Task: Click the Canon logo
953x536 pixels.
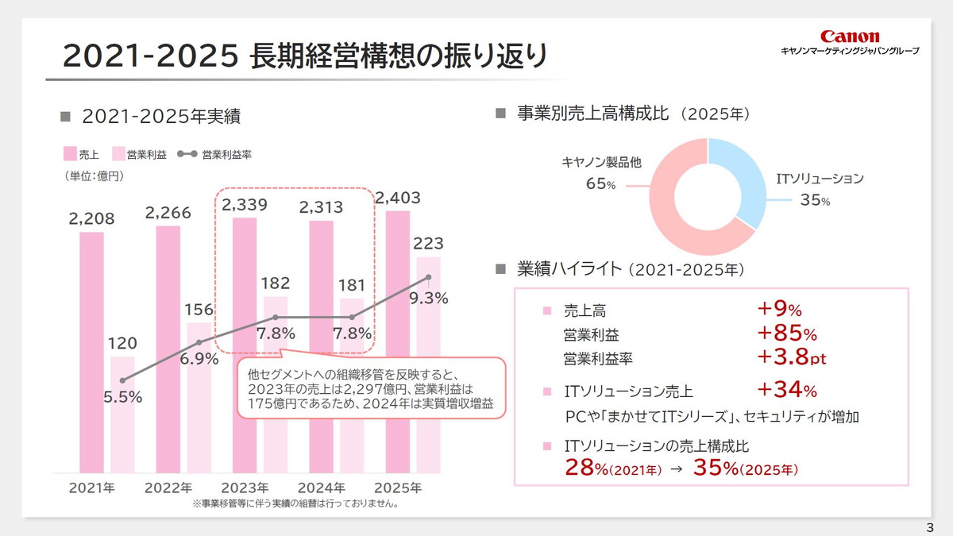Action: point(850,37)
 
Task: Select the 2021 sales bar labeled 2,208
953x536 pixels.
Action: point(91,349)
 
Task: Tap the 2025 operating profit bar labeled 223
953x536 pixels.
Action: point(428,365)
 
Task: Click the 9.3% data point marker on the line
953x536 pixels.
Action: point(428,277)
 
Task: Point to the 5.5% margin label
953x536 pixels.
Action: point(122,397)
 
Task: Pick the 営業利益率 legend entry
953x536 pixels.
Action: point(214,154)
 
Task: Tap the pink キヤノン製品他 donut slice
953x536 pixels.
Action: point(675,214)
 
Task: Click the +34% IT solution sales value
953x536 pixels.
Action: point(786,390)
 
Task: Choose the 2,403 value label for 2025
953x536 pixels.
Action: point(399,198)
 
